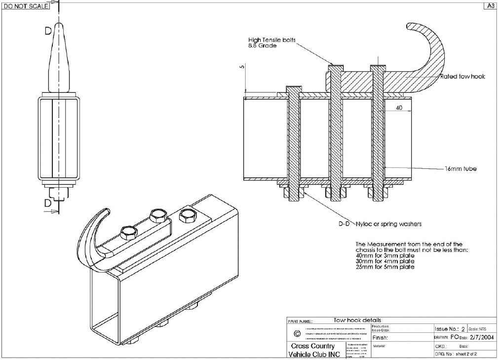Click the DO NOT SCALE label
coord(26,6)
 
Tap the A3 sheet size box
coord(491,6)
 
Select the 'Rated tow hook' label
coord(462,77)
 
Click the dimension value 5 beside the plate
coord(242,68)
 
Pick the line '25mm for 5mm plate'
coord(385,267)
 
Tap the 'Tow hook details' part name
coord(357,320)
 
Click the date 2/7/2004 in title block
coord(481,337)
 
